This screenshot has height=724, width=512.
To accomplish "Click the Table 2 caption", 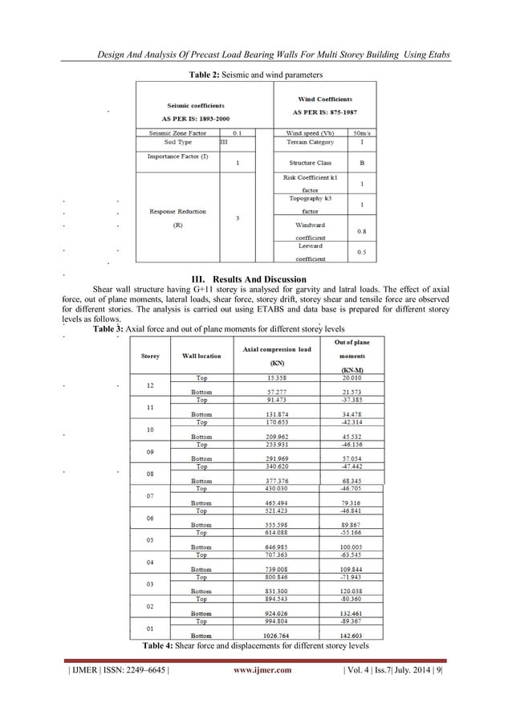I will coord(254,74).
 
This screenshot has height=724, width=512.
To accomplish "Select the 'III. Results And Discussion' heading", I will coord(255,279).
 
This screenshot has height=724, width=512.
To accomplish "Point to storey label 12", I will coord(150,385).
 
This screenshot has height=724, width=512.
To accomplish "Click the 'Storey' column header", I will coord(149,355).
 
